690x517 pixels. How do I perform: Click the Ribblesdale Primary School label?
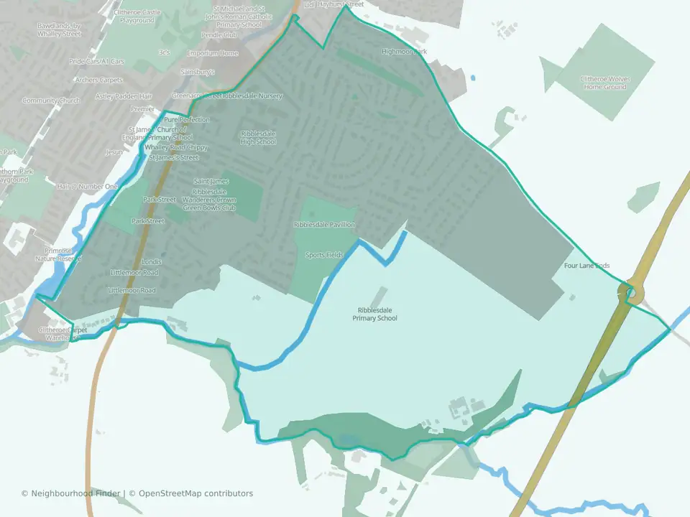377,315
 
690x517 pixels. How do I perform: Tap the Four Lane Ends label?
586,266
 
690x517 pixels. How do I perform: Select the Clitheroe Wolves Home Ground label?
604,83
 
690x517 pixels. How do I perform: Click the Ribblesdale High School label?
259,138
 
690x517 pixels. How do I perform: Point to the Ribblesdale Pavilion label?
324,225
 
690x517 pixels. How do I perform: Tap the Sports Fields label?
324,255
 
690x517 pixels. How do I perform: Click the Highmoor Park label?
405,52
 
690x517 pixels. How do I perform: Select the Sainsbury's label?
198,73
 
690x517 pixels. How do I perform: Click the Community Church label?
51,101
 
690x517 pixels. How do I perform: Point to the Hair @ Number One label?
89,187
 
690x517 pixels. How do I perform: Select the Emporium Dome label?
212,53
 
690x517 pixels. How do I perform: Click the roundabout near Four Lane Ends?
630,293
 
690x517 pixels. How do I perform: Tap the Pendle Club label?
219,34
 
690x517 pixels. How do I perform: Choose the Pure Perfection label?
187,119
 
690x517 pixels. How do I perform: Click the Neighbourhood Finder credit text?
72,493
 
